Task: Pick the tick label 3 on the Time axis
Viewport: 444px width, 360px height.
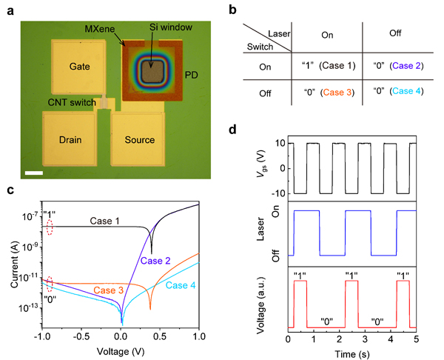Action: [365, 339]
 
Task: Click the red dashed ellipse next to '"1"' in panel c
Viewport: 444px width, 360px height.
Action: [50, 229]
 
